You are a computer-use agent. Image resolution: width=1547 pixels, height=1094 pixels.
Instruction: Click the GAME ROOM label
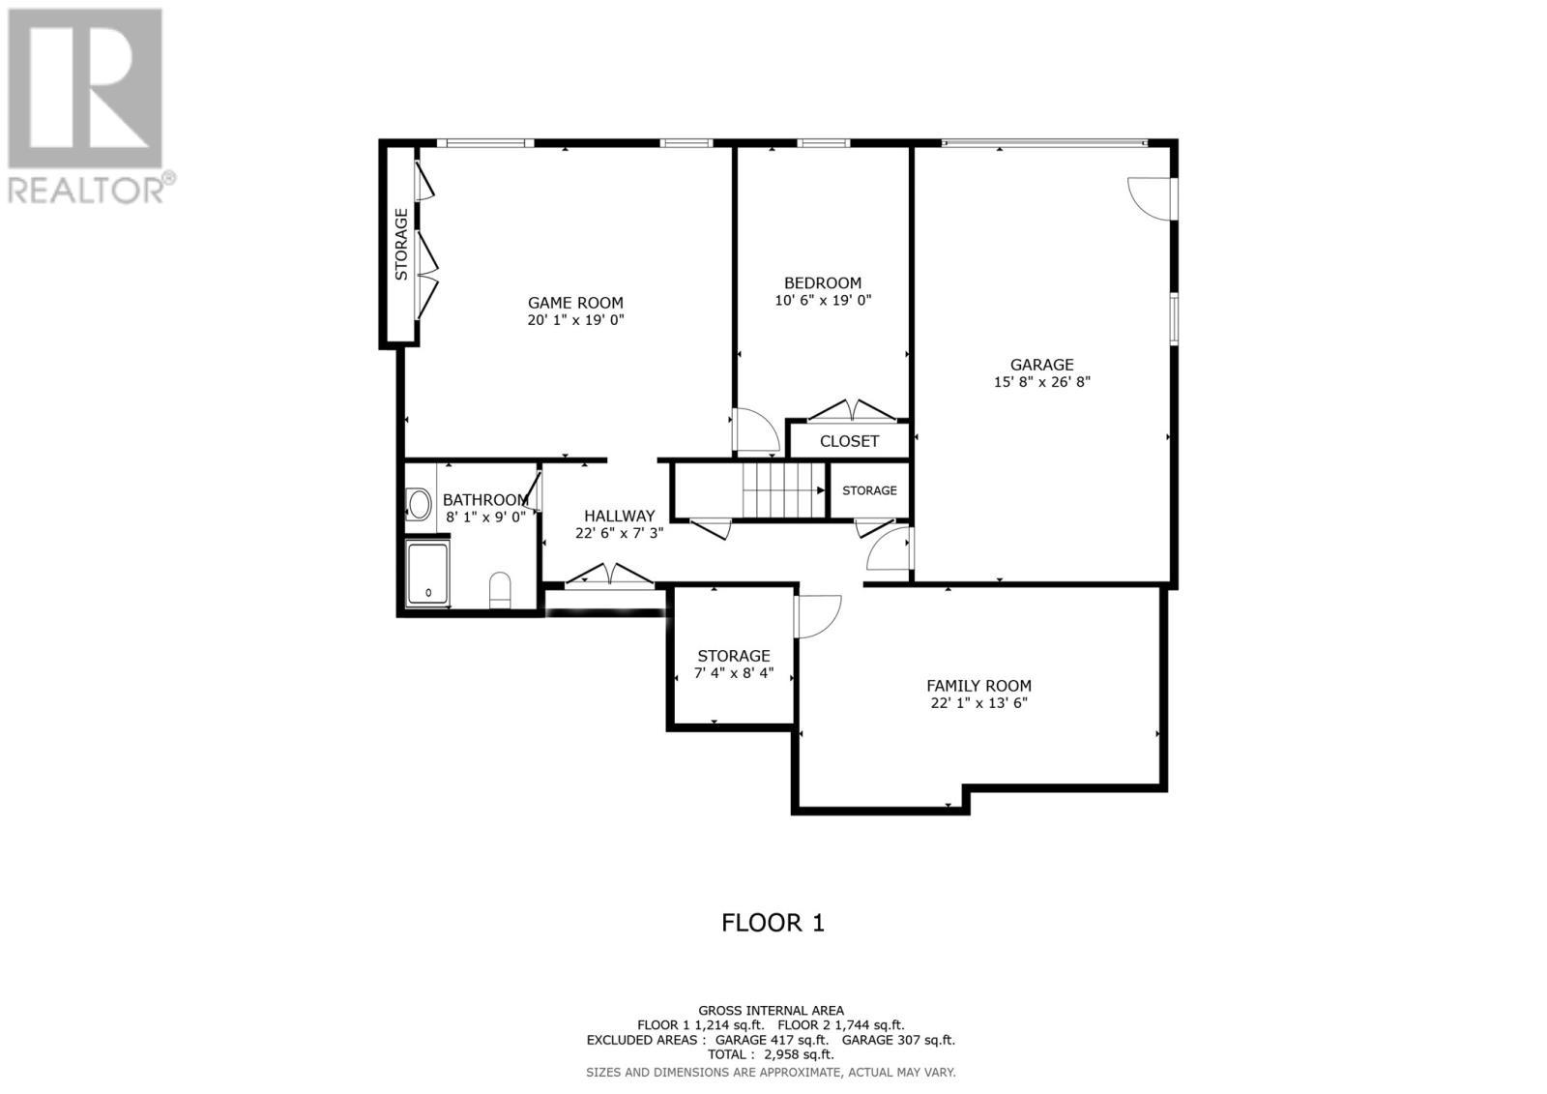pyautogui.click(x=575, y=303)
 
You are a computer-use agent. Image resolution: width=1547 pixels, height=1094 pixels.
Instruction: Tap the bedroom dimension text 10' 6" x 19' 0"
pyautogui.click(x=823, y=301)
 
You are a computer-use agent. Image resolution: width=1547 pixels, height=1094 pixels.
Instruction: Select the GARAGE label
pyautogui.click(x=1041, y=365)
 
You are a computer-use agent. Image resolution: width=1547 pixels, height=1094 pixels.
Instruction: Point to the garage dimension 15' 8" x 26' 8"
pyautogui.click(x=1041, y=382)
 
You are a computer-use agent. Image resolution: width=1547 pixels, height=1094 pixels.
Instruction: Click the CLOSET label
pyautogui.click(x=849, y=441)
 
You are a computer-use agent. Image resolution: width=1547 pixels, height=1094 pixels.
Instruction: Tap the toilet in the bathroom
pyautogui.click(x=500, y=588)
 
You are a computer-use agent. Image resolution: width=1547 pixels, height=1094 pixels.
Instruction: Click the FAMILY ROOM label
pyautogui.click(x=978, y=686)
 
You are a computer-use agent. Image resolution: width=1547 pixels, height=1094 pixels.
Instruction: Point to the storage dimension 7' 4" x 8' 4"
pyautogui.click(x=734, y=673)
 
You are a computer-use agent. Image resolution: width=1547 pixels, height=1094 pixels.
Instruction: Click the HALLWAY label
pyautogui.click(x=619, y=517)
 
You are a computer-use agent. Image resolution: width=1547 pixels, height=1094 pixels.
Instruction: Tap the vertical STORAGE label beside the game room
pyautogui.click(x=400, y=245)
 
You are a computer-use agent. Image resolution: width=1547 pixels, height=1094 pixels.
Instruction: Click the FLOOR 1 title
pyautogui.click(x=773, y=923)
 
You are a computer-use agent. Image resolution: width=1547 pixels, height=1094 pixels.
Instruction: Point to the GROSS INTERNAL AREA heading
pyautogui.click(x=771, y=1011)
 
